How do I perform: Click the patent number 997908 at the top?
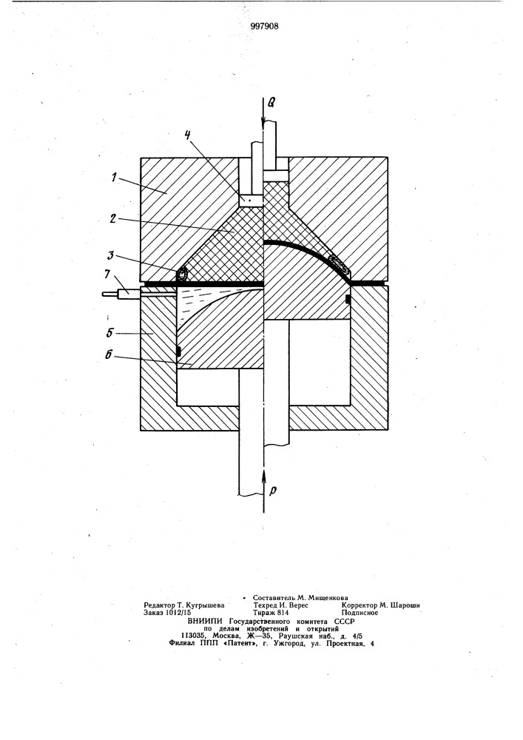pyautogui.click(x=264, y=27)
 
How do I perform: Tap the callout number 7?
pyautogui.click(x=109, y=277)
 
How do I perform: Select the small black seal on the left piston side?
pyautogui.click(x=178, y=351)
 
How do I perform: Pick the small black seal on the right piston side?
pyautogui.click(x=348, y=299)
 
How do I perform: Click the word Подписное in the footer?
pyautogui.click(x=360, y=613)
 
